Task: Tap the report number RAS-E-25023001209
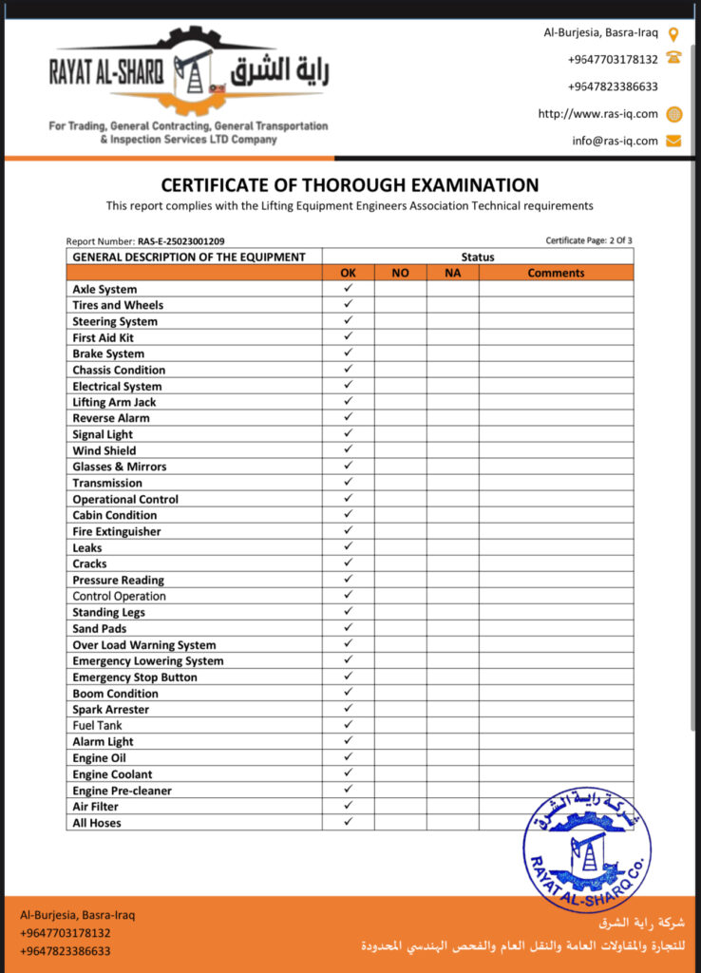click(180, 242)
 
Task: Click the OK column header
click(348, 273)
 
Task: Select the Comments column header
click(556, 273)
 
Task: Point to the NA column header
click(452, 273)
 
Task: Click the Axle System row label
click(104, 289)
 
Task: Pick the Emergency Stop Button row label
click(135, 677)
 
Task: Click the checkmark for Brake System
click(348, 353)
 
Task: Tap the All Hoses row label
click(97, 823)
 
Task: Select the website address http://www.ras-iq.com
click(597, 114)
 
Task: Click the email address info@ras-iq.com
click(615, 141)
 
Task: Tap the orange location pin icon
click(674, 33)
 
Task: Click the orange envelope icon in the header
click(674, 141)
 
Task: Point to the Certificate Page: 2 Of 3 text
click(589, 240)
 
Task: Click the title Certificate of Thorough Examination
click(350, 185)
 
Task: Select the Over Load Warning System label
click(144, 645)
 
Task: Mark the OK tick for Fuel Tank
click(348, 725)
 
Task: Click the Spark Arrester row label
click(110, 710)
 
